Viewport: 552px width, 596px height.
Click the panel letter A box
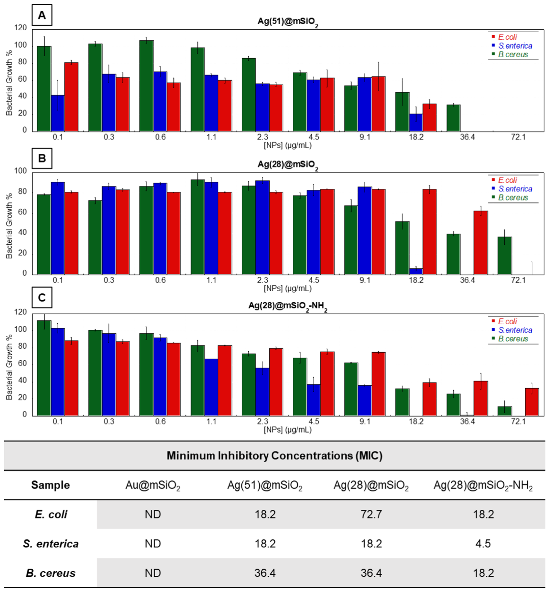tap(42, 15)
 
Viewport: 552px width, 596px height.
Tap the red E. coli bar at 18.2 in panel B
tap(429, 232)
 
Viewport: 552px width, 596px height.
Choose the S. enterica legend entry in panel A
tap(515, 46)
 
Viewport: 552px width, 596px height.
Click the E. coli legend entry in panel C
tap(507, 321)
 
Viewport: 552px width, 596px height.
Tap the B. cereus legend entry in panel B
tap(513, 197)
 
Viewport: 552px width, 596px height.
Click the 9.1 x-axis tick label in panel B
tap(365, 280)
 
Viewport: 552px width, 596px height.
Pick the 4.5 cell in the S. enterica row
tap(483, 543)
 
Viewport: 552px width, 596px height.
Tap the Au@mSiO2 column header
tap(153, 485)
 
